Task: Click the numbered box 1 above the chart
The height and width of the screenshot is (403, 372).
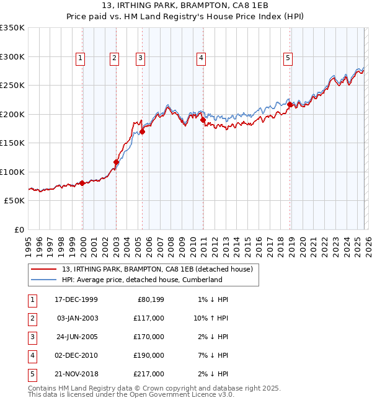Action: (x=81, y=58)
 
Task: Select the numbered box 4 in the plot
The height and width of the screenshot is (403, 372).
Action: (x=201, y=58)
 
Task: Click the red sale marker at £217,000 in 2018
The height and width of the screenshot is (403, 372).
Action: (x=290, y=105)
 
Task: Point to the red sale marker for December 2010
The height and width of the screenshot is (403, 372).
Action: (x=203, y=120)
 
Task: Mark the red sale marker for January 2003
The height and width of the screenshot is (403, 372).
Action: (x=116, y=162)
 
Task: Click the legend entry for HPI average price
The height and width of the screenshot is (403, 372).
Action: (x=142, y=280)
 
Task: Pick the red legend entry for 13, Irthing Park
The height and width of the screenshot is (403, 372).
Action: (x=157, y=269)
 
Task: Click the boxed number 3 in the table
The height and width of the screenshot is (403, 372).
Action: (x=32, y=337)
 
